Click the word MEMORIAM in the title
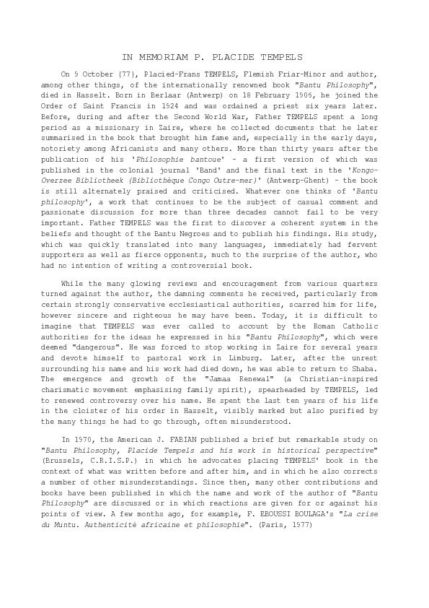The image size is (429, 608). point(156,56)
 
